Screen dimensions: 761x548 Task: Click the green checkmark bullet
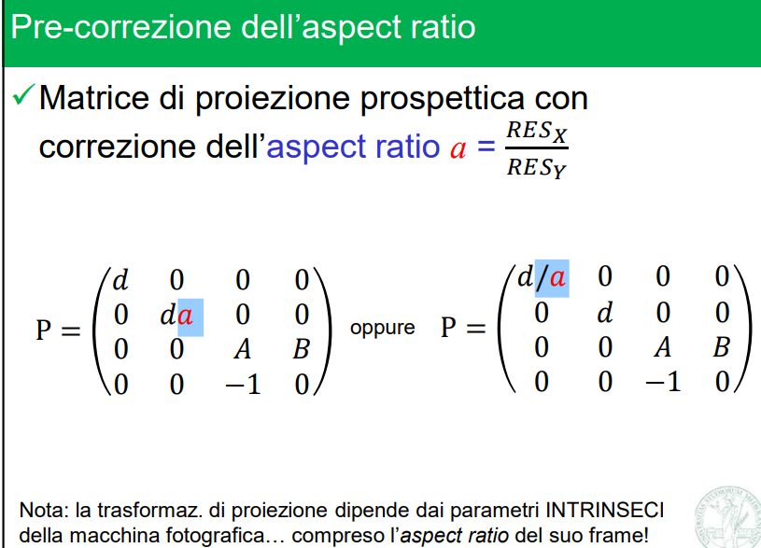(x=23, y=94)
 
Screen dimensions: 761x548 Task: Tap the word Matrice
(x=94, y=98)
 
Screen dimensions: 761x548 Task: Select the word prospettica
(x=443, y=100)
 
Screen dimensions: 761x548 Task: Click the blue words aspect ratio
(x=353, y=148)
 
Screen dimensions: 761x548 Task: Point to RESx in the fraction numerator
(x=537, y=131)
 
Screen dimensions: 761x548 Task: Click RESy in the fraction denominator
(x=537, y=167)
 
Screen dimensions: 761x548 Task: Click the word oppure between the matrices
(x=383, y=329)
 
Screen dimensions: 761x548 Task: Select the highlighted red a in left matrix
(x=186, y=316)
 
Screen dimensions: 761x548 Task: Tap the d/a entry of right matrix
(x=542, y=277)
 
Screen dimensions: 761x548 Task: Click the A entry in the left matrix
(x=242, y=349)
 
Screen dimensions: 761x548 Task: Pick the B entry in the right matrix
(x=721, y=347)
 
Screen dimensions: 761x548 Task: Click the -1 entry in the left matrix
(x=243, y=385)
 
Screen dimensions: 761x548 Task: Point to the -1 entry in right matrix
(x=663, y=382)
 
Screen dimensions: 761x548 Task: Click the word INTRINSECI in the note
(x=605, y=510)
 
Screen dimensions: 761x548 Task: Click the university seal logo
(x=728, y=518)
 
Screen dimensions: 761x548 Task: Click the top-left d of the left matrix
(x=120, y=279)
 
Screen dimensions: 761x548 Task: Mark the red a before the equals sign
(x=458, y=149)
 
